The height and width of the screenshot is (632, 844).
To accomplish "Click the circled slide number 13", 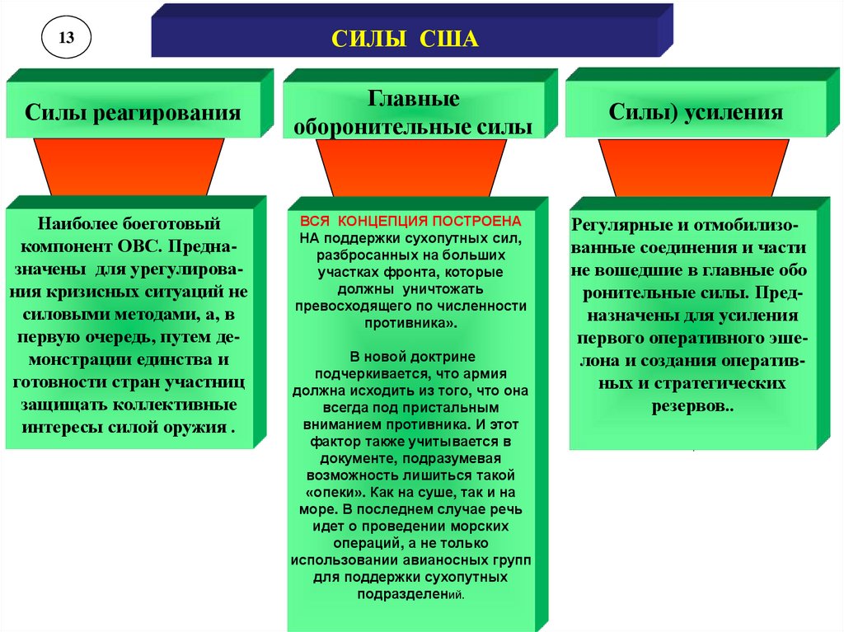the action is (x=66, y=37).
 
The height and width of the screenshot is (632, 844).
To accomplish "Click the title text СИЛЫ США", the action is (x=404, y=40).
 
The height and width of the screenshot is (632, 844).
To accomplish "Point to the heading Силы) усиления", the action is (x=696, y=112).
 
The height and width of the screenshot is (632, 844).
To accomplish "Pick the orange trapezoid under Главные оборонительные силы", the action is (x=412, y=168).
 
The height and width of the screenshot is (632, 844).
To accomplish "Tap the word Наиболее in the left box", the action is (x=74, y=224).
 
